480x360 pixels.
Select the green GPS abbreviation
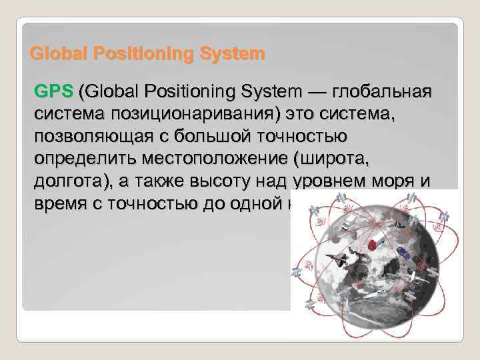tap(54, 91)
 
